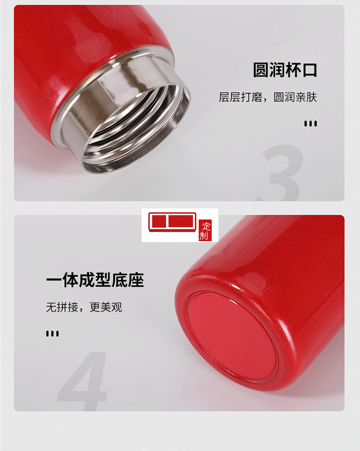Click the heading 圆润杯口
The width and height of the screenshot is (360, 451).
pos(285,70)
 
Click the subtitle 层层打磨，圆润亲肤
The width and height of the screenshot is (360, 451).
pos(268,97)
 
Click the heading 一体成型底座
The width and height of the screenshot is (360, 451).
pos(95,280)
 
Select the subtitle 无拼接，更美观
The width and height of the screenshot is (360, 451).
pos(84,307)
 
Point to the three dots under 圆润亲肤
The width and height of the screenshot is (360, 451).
pos(311,123)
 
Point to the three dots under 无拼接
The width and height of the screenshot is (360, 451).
pos(52,333)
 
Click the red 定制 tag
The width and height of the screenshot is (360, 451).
pos(205,231)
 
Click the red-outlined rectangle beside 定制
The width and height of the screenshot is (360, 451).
pos(172,222)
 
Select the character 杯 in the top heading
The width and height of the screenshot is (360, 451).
pos(293,70)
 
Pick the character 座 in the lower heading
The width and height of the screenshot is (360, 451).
pos(136,280)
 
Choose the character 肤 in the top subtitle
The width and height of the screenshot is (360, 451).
pos(312,97)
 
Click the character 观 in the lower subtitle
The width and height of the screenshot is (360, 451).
pos(117,307)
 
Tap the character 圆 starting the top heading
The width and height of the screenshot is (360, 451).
pos(261,70)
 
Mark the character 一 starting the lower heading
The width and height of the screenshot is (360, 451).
pos(54,280)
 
